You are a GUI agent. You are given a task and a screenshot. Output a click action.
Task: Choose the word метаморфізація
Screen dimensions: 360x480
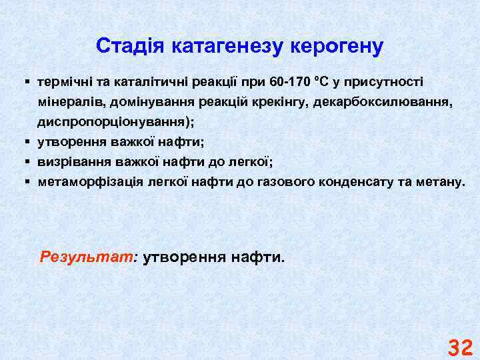(x=81, y=181)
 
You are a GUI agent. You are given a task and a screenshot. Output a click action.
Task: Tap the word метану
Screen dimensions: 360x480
(x=439, y=181)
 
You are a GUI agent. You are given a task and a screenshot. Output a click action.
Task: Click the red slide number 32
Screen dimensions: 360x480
(x=460, y=347)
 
